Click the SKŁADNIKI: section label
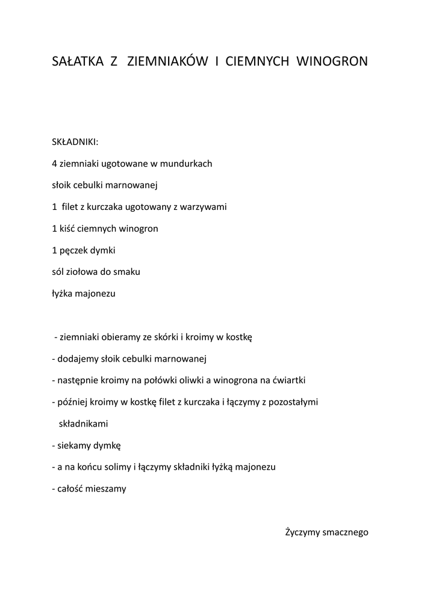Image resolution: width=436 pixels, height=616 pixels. point(75,141)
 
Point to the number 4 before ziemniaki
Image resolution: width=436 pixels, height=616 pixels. point(55,163)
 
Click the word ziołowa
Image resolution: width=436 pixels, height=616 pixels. point(88,271)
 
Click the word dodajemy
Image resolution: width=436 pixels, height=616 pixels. point(78,359)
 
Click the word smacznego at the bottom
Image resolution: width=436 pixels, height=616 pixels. point(345,532)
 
